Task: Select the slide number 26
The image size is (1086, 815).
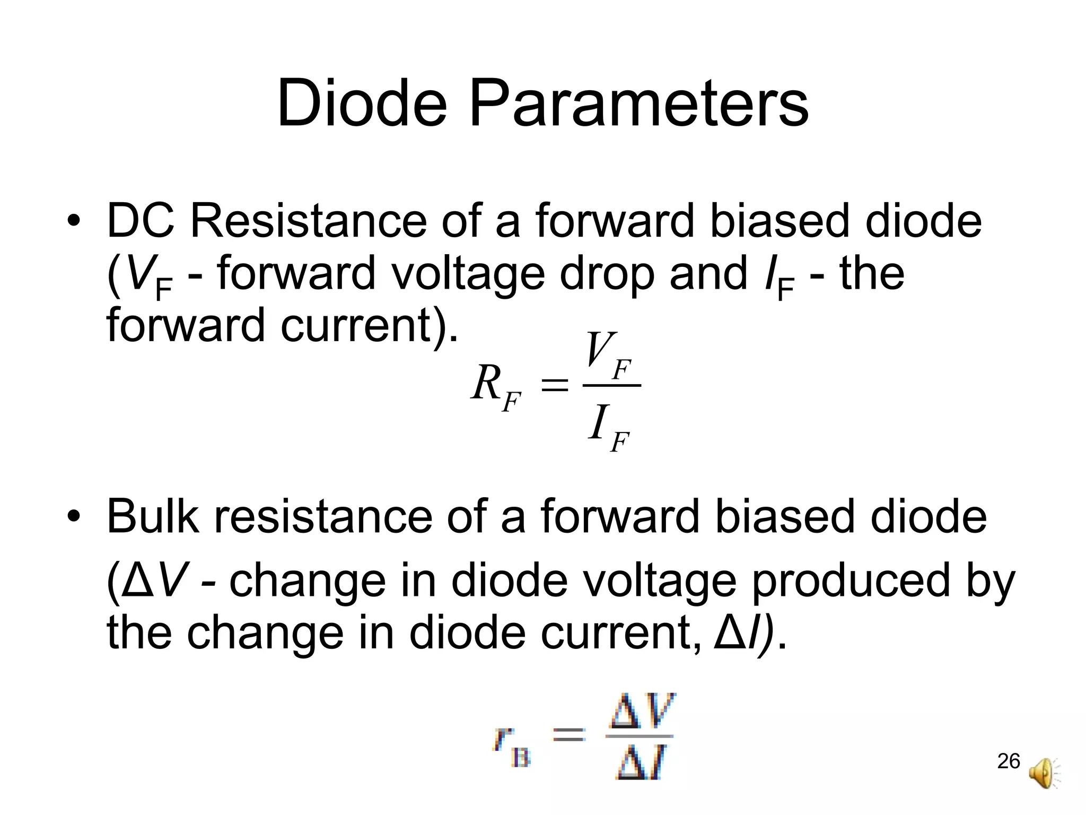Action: click(1009, 761)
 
